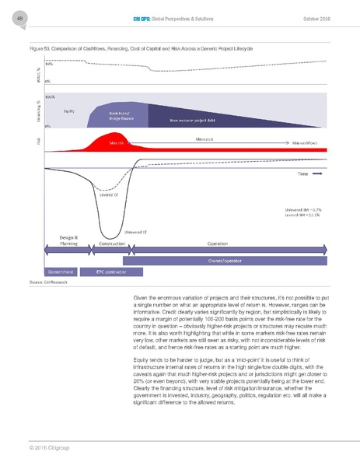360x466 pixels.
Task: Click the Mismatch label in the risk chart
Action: (x=205, y=138)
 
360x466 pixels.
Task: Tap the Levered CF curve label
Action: (x=108, y=195)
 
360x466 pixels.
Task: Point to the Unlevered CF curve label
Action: (x=136, y=231)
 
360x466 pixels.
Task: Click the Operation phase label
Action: (x=217, y=243)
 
